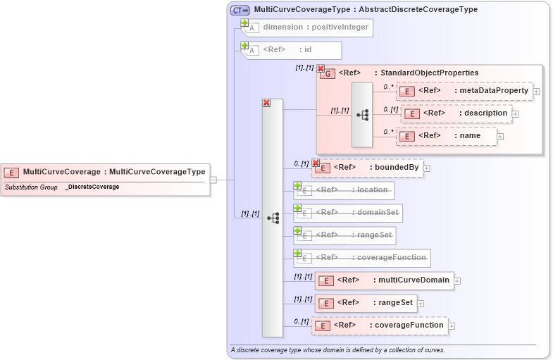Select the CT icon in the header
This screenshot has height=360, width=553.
240,10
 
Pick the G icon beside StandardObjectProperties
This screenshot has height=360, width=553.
328,73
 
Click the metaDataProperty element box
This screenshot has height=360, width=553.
464,91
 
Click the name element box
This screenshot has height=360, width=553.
447,136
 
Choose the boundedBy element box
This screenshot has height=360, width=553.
368,168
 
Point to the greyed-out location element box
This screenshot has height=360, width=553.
344,190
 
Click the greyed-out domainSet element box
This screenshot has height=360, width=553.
348,213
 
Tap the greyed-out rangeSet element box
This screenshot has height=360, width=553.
344,235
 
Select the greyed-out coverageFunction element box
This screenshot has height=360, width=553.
362,258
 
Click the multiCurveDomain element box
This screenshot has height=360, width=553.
384,280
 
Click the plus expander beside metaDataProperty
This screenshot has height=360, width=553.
537,91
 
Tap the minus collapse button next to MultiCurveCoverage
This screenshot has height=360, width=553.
213,180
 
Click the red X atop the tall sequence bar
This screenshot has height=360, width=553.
266,103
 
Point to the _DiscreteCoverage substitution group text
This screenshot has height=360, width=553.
92,187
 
